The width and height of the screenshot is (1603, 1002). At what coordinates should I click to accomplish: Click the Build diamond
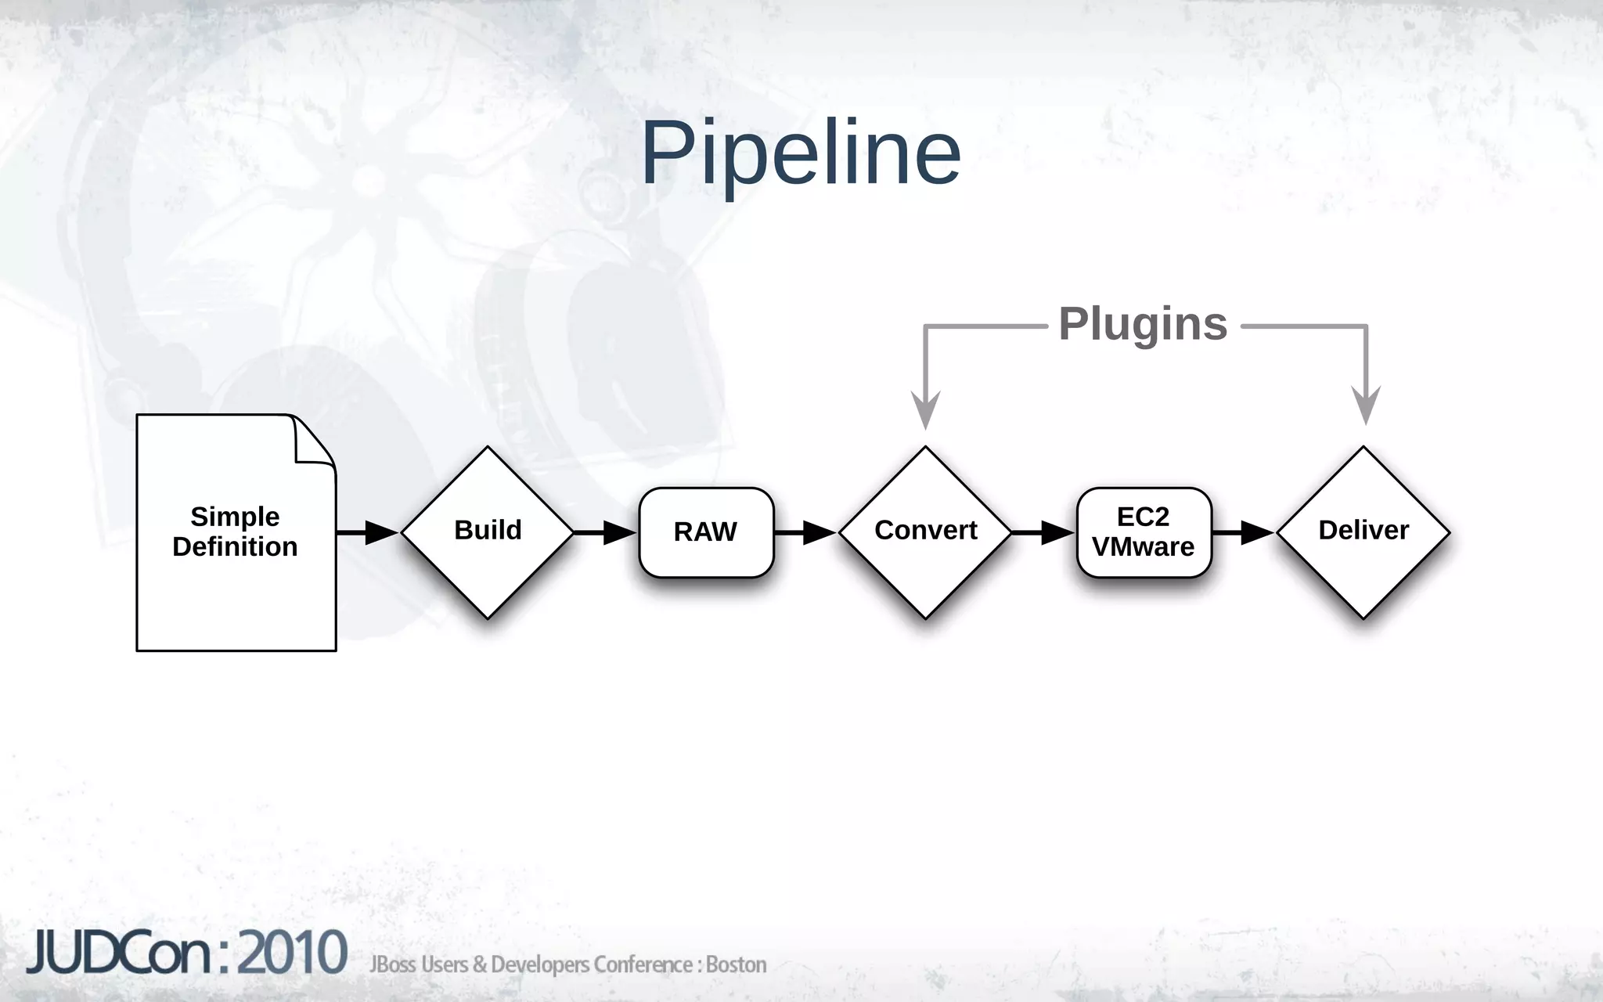pyautogui.click(x=488, y=532)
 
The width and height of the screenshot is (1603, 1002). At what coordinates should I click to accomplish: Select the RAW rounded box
pyautogui.click(x=706, y=532)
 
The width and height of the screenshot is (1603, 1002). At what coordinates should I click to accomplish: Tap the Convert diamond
pyautogui.click(x=925, y=532)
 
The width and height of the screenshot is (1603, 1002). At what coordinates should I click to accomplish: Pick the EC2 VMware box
pyautogui.click(x=1144, y=532)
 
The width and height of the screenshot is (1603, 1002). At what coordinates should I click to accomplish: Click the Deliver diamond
pyautogui.click(x=1363, y=532)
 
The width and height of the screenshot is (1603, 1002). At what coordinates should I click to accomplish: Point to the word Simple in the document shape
pyautogui.click(x=235, y=517)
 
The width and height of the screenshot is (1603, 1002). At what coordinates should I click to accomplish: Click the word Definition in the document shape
pyautogui.click(x=235, y=547)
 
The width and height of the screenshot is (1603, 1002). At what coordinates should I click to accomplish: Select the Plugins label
pyautogui.click(x=1143, y=324)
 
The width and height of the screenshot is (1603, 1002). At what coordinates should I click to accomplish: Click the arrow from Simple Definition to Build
pyautogui.click(x=368, y=532)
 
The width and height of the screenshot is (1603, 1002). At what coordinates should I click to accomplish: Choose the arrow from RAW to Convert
pyautogui.click(x=806, y=532)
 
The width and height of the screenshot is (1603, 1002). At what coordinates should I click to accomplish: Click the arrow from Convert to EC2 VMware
pyautogui.click(x=1043, y=532)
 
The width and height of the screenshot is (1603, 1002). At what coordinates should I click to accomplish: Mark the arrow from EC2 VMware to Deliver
pyautogui.click(x=1245, y=532)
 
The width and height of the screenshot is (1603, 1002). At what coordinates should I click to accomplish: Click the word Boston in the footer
pyautogui.click(x=736, y=964)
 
